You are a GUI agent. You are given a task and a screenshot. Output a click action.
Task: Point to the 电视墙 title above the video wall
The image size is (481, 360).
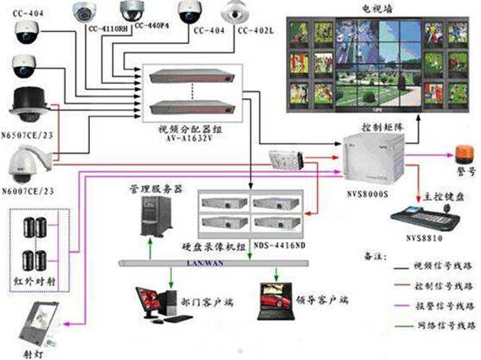[x=379, y=7]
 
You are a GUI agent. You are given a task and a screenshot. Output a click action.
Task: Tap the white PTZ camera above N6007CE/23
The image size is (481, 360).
[x=30, y=162]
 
